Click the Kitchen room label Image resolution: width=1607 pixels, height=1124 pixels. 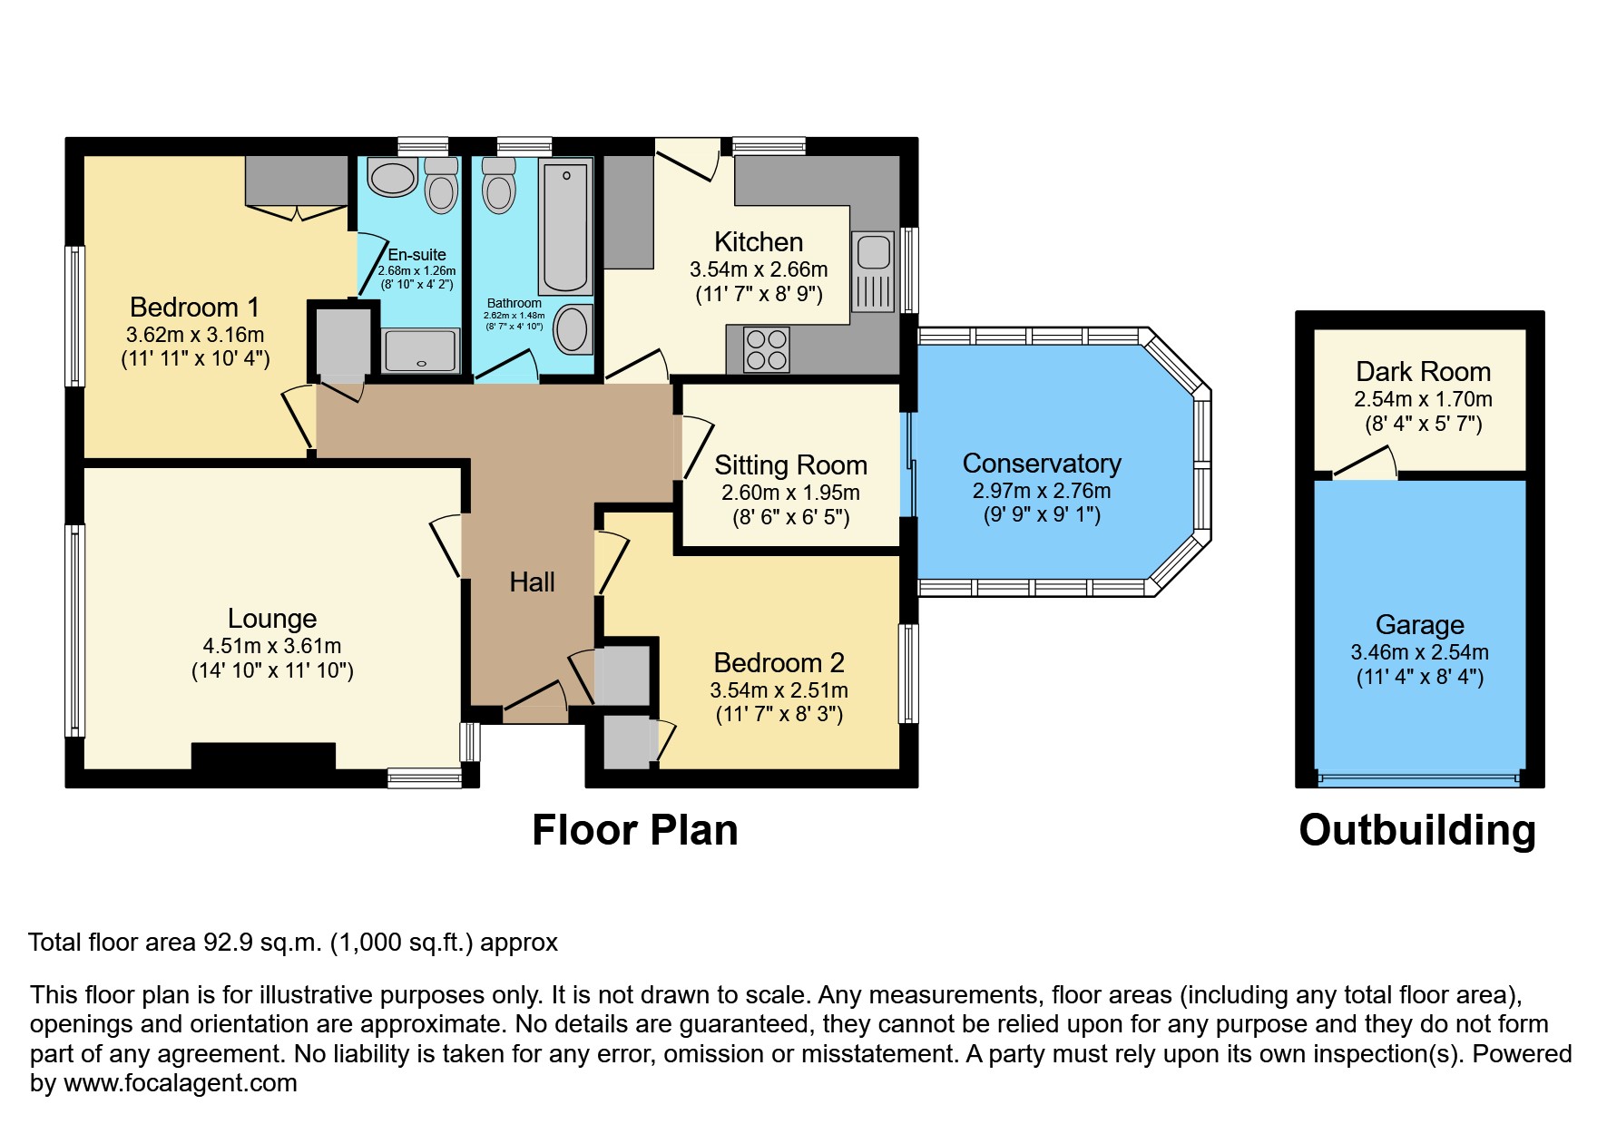(x=758, y=242)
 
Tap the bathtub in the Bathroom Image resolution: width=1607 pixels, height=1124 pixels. (x=565, y=225)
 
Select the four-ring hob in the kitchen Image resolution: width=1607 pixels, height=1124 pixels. (x=766, y=350)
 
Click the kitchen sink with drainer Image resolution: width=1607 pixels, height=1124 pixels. (x=873, y=270)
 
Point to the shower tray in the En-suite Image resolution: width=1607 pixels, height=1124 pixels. (x=420, y=351)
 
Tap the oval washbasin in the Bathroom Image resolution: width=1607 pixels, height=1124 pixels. (x=573, y=328)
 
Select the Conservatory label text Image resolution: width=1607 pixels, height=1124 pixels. (x=1041, y=464)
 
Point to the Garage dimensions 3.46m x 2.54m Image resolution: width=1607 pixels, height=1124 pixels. (x=1419, y=652)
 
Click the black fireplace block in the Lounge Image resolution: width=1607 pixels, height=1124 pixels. (x=263, y=756)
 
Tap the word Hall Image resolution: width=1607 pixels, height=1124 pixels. (x=532, y=582)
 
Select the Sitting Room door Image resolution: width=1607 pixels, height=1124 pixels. (x=697, y=446)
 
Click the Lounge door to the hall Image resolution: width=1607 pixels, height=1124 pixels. (x=446, y=545)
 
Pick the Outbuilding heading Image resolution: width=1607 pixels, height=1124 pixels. (x=1416, y=830)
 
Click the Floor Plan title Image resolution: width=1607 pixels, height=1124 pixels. (x=634, y=830)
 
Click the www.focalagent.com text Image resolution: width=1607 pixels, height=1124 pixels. (x=180, y=1083)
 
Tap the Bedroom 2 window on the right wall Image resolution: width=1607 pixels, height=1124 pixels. (x=908, y=672)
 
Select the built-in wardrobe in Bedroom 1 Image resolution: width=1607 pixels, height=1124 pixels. (x=297, y=181)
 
